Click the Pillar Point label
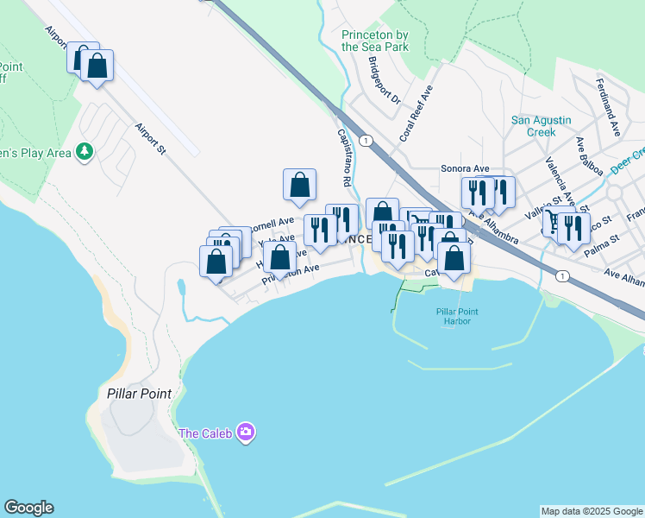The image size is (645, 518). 140,393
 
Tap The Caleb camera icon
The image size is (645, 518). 246,432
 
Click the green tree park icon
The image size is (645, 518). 84,153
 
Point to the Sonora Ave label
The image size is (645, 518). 465,168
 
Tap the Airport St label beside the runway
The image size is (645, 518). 149,139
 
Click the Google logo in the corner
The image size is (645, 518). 28,508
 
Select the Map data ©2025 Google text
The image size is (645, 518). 592,511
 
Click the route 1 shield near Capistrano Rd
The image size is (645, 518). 366,140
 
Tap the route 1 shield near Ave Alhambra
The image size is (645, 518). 562,275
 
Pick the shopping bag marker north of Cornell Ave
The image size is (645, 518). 299,184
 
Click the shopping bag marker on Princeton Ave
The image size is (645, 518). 279,257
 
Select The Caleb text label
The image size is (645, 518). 205,433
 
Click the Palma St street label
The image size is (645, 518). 602,238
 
